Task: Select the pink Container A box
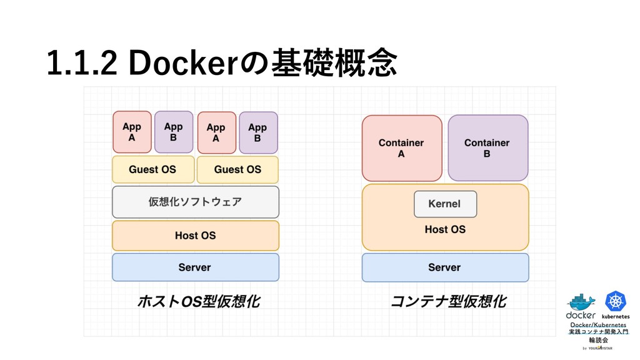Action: [401, 147]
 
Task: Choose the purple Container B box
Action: [487, 147]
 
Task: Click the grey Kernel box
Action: [445, 204]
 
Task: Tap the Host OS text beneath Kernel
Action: [445, 229]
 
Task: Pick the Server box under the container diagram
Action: [445, 267]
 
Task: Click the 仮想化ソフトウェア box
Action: [195, 202]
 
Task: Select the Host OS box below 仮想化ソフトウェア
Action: [195, 236]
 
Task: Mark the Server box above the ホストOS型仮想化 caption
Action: [195, 267]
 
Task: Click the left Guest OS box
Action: [152, 169]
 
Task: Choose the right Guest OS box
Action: [237, 169]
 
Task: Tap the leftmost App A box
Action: [132, 132]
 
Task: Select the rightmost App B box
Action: [257, 132]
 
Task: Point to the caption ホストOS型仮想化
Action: [198, 302]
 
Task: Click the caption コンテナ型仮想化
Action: [448, 302]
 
